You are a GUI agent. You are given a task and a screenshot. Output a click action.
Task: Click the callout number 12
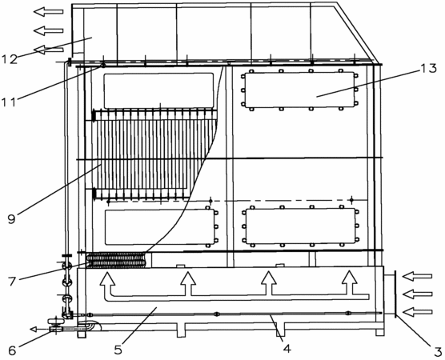pyautogui.click(x=10, y=59)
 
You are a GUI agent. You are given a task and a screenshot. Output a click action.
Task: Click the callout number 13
pyautogui.click(x=428, y=68)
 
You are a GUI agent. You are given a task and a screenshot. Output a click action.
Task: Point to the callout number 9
pyautogui.click(x=11, y=219)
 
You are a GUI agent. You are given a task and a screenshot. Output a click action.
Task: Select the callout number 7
pyautogui.click(x=12, y=281)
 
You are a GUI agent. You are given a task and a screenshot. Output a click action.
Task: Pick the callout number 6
pyautogui.click(x=12, y=350)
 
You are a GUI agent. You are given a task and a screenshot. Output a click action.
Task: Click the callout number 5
pyautogui.click(x=118, y=350)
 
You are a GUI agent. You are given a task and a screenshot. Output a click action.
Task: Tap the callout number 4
pyautogui.click(x=287, y=348)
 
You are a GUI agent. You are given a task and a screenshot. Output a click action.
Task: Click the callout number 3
pyautogui.click(x=437, y=350)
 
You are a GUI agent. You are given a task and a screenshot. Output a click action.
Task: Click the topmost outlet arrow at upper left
pyautogui.click(x=48, y=12)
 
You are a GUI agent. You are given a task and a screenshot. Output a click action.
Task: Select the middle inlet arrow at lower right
pyautogui.click(x=417, y=294)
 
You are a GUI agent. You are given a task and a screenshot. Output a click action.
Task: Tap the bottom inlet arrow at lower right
pyautogui.click(x=417, y=312)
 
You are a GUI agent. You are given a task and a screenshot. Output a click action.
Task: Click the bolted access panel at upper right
pyautogui.click(x=299, y=90)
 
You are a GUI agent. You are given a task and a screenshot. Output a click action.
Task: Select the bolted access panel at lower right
pyautogui.click(x=301, y=226)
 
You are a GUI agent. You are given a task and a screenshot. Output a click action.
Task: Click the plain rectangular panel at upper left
pyautogui.click(x=158, y=90)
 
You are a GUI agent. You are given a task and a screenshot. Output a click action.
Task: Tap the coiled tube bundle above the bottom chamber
pyautogui.click(x=116, y=260)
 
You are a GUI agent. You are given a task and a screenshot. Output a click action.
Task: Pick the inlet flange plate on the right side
pyautogui.click(x=395, y=294)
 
